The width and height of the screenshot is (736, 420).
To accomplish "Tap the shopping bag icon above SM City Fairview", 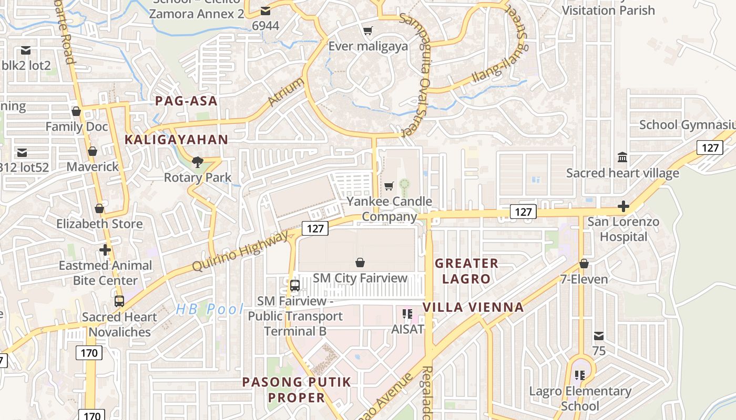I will [360, 262].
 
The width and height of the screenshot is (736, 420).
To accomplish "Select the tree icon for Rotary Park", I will [198, 162].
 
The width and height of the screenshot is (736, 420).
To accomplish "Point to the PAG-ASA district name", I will [186, 101].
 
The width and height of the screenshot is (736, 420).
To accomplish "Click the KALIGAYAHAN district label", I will [176, 140].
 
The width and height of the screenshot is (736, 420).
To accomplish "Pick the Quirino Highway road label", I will [240, 251].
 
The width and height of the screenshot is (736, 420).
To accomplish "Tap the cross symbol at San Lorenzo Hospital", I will [623, 206].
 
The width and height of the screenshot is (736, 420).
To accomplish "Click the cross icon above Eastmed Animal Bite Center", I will [105, 249].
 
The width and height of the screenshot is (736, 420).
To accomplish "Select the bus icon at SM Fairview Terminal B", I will [295, 286].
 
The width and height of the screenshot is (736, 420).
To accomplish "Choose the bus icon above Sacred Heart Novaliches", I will [119, 301].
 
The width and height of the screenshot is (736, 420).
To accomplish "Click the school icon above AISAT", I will [407, 314].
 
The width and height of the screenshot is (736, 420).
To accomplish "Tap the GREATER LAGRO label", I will [466, 271].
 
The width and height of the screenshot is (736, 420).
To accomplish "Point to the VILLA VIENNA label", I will [473, 307].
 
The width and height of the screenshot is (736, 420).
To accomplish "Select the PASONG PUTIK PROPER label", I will [297, 390].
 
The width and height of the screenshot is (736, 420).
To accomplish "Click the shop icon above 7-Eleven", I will [584, 264].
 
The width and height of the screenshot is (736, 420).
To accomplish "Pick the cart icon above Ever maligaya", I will [367, 30].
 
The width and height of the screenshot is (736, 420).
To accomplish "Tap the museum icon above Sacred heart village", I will [622, 157].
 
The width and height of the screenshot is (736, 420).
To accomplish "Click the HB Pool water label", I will [210, 309].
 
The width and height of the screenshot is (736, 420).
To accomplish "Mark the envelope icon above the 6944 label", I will [265, 10].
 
